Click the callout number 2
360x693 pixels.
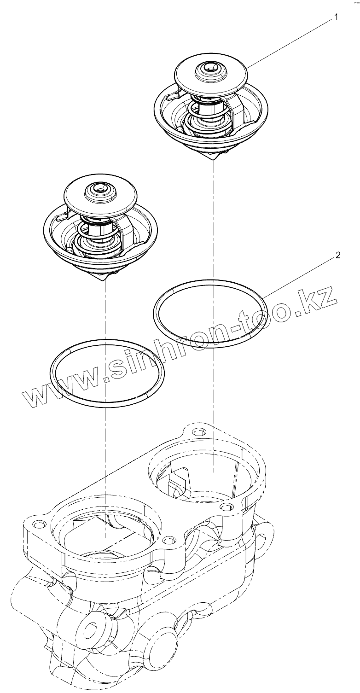pos(338,256)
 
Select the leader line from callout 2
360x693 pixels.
pos(299,276)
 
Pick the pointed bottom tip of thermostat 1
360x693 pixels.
pos(214,158)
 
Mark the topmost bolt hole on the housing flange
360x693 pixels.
pos(198,432)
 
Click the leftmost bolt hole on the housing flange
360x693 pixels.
pos(38,524)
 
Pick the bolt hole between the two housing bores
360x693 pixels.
pos(168,539)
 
